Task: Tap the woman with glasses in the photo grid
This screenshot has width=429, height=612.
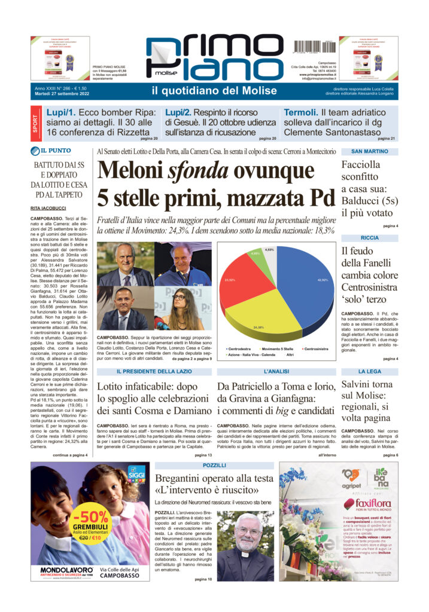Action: click(x=178, y=308)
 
